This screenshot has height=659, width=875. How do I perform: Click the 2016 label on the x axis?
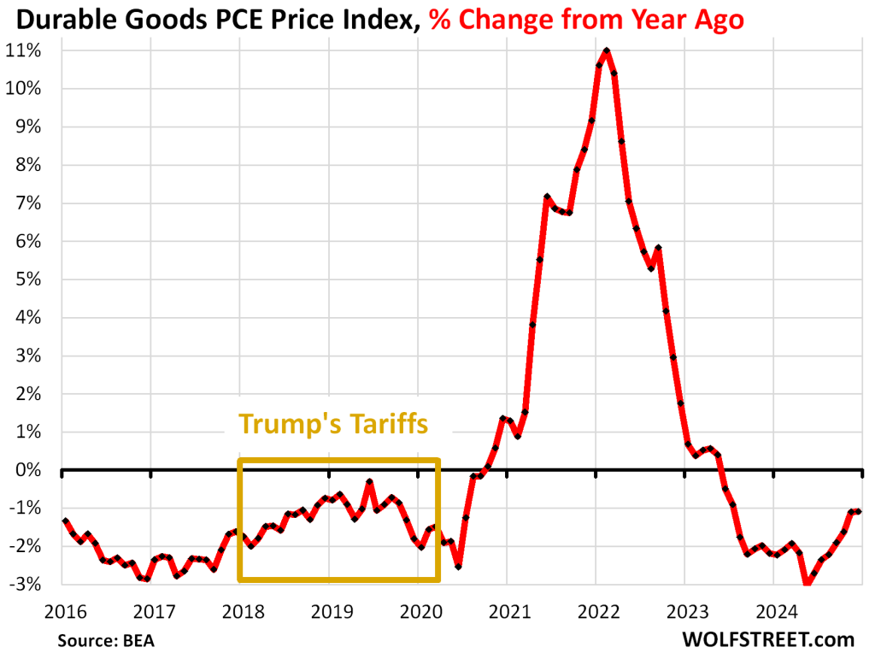pos(63,611)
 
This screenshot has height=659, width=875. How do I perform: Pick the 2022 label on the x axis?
pos(595,611)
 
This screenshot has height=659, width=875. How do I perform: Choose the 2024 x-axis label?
pos(772,611)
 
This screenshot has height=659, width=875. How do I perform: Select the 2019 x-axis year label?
pos(329,611)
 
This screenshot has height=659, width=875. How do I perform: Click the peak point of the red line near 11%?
pos(607,51)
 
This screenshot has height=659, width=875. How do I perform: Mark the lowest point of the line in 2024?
pos(806,585)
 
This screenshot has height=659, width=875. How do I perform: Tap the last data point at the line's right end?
pos(859,511)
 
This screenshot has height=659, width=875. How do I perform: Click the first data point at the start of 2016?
pos(65,521)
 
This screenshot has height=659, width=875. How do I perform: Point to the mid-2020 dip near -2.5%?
pos(459,566)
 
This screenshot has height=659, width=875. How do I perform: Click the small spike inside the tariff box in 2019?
pos(369,482)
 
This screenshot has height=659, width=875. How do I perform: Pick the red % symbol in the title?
pos(440,19)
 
